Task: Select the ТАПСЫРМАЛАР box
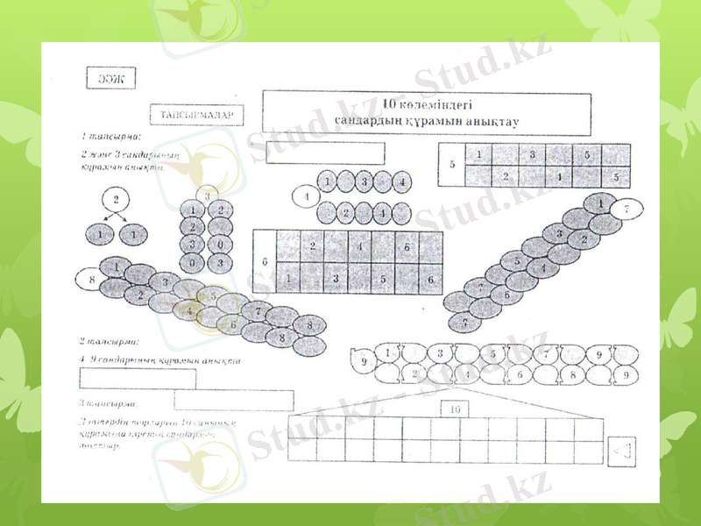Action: [196, 116]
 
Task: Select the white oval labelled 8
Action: [92, 280]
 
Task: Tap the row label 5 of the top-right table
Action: [452, 165]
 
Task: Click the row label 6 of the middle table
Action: [265, 261]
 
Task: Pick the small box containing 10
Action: [454, 409]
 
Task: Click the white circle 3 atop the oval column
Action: [208, 195]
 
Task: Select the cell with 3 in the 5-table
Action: [532, 155]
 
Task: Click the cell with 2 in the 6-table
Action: [312, 246]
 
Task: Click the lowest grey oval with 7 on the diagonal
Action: [464, 321]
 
